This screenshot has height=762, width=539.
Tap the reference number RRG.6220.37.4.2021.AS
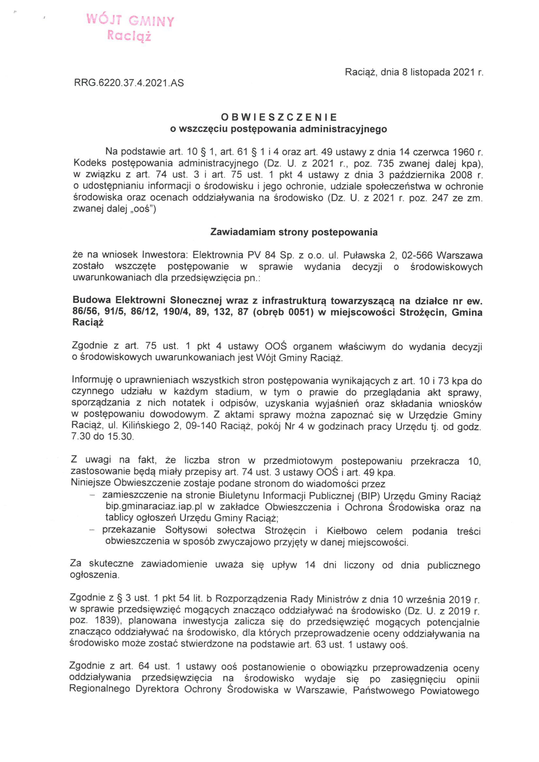coord(129,83)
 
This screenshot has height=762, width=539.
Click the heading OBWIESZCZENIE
coord(279,117)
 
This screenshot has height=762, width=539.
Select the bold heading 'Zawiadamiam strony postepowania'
coord(294,232)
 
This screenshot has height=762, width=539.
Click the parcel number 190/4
coord(178,312)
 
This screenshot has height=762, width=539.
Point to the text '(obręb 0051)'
coord(283,312)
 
